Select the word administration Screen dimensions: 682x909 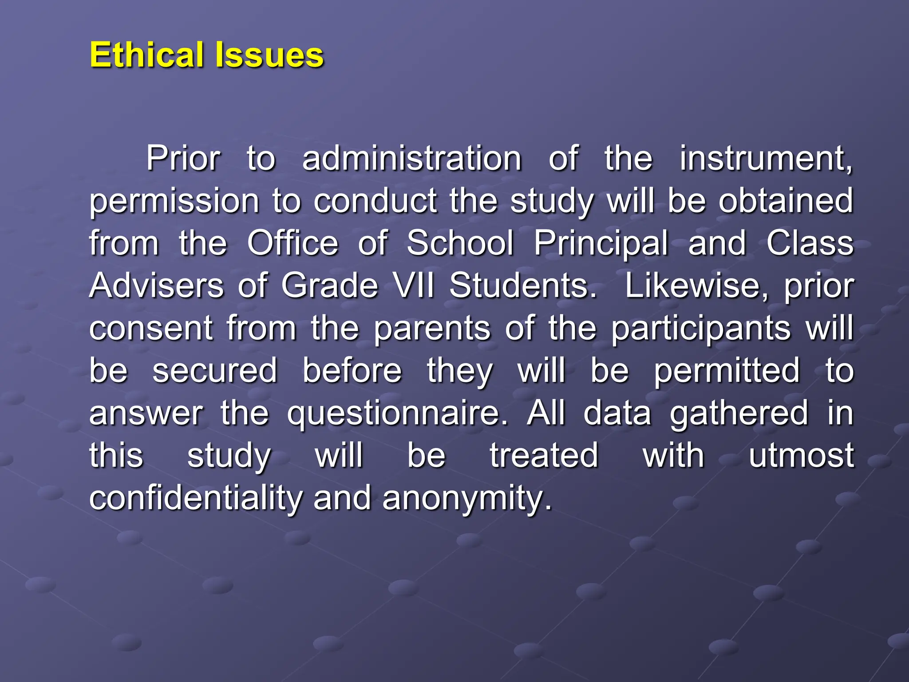[x=411, y=159]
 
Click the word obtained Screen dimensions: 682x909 [x=786, y=201]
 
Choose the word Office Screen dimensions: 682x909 [x=292, y=243]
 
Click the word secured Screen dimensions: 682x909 [x=215, y=371]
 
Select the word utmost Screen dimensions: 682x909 [x=801, y=456]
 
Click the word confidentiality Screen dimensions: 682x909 [x=195, y=498]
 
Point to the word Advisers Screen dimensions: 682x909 [x=156, y=285]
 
